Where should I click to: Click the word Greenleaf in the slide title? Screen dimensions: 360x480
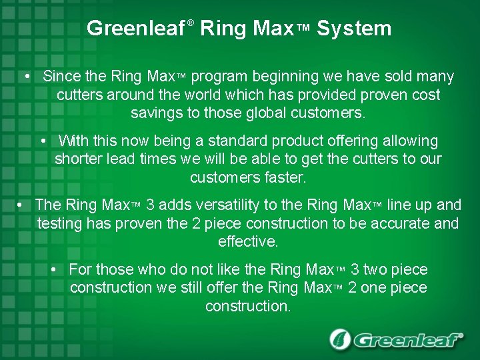136,29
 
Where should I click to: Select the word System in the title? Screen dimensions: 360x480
354,29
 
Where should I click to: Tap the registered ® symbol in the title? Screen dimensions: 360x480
191,23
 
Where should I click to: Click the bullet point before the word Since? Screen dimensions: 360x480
25,77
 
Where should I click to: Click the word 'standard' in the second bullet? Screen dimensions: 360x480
237,141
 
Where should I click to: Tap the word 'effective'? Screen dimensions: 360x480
248,242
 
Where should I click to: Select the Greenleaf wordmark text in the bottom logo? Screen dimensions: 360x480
407,341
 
